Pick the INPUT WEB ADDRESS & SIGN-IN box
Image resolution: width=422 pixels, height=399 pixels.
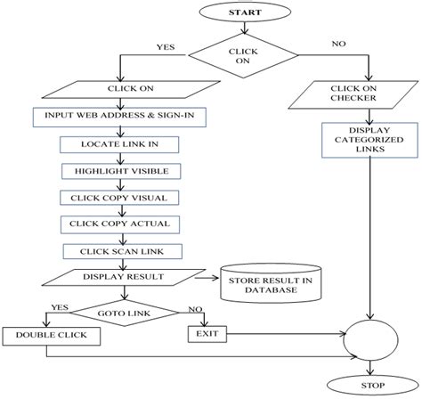(x=118, y=118)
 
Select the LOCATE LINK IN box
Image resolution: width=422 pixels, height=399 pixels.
(x=118, y=144)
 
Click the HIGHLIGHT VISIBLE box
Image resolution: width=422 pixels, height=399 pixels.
(x=118, y=170)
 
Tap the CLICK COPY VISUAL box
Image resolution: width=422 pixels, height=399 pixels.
(x=118, y=197)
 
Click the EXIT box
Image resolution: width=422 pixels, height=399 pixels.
(x=206, y=335)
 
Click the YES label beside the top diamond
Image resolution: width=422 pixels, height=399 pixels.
(x=166, y=46)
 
